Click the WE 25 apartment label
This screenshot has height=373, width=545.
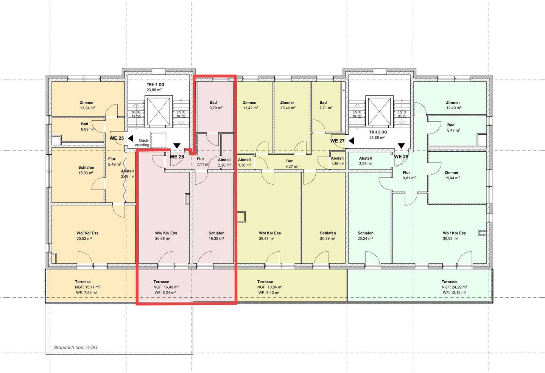[117, 138]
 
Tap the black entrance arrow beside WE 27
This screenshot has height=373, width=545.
[351, 141]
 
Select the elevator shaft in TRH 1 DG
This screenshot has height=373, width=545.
[159, 111]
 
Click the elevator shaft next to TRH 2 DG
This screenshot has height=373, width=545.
[379, 111]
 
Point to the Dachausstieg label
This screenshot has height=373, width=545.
[143, 143]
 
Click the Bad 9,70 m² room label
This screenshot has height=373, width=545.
[216, 105]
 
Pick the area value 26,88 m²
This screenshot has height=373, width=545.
[163, 239]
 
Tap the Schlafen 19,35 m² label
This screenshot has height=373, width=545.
[216, 236]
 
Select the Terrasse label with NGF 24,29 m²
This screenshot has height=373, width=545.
[449, 281]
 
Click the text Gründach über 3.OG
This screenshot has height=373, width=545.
[75, 348]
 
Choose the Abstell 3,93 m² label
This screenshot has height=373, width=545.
[366, 161]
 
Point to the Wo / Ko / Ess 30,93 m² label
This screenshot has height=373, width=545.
[454, 236]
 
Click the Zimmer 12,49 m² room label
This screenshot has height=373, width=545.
[453, 105]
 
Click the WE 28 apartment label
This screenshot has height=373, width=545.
[401, 157]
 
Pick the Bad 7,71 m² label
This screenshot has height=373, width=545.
[326, 105]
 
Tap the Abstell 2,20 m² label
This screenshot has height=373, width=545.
[224, 162]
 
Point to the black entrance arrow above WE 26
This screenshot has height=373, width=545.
[177, 146]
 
